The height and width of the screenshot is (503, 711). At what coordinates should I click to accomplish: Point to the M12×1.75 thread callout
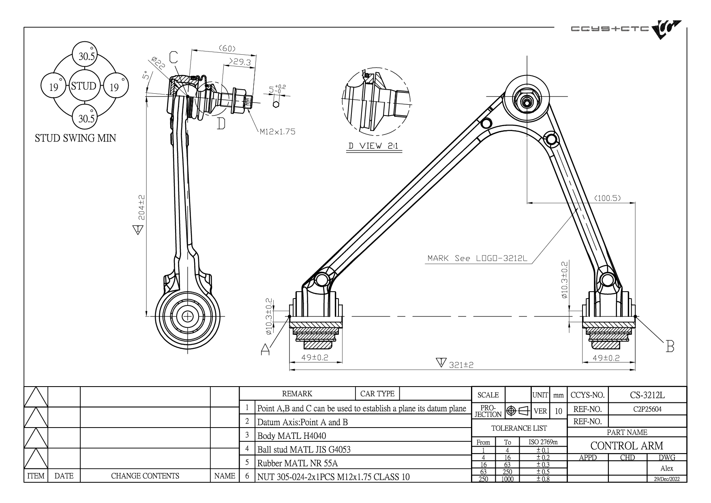(277, 131)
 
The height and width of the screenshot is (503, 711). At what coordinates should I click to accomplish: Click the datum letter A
(265, 349)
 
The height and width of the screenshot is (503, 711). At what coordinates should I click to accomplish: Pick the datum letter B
(670, 347)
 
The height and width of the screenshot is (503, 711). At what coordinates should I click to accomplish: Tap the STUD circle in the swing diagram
(84, 86)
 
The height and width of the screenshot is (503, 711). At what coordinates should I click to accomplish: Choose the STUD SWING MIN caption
(75, 138)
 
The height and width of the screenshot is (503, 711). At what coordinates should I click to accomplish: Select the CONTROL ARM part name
(627, 446)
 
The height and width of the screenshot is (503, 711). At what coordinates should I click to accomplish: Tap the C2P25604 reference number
(647, 409)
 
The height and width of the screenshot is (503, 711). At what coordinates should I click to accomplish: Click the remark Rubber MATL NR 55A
(298, 463)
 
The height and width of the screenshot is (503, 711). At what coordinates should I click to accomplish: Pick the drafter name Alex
(666, 469)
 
